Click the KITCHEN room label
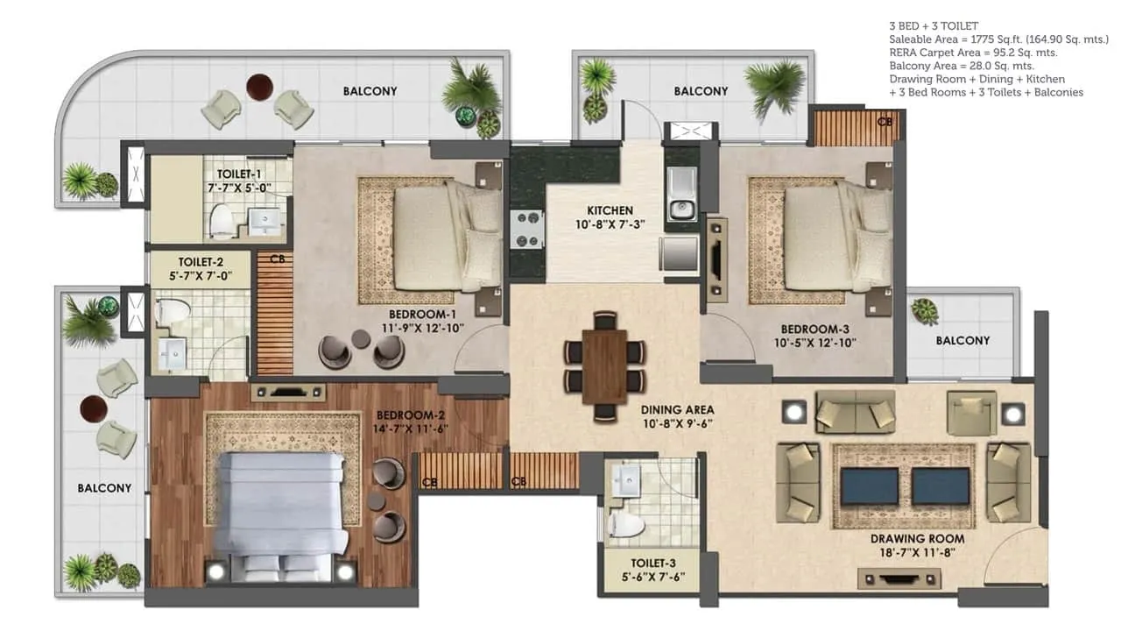pos(610,210)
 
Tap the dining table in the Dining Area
pos(604,366)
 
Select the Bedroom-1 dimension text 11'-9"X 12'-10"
pos(423,328)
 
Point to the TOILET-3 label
pos(653,564)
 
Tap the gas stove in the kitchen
pos(526,230)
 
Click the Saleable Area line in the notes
pos(998,39)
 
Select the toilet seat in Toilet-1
pos(222,220)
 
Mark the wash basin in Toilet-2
pos(173,354)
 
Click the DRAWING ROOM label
pos(917,539)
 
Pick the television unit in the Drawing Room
pos(899,579)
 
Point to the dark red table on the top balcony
pos(259,86)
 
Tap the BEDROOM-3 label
pos(814,330)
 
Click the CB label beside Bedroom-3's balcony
pos(885,121)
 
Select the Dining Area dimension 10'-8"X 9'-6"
pos(677,423)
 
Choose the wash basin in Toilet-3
pos(625,481)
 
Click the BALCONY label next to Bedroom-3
pos(962,341)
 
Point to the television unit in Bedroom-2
pos(288,393)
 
